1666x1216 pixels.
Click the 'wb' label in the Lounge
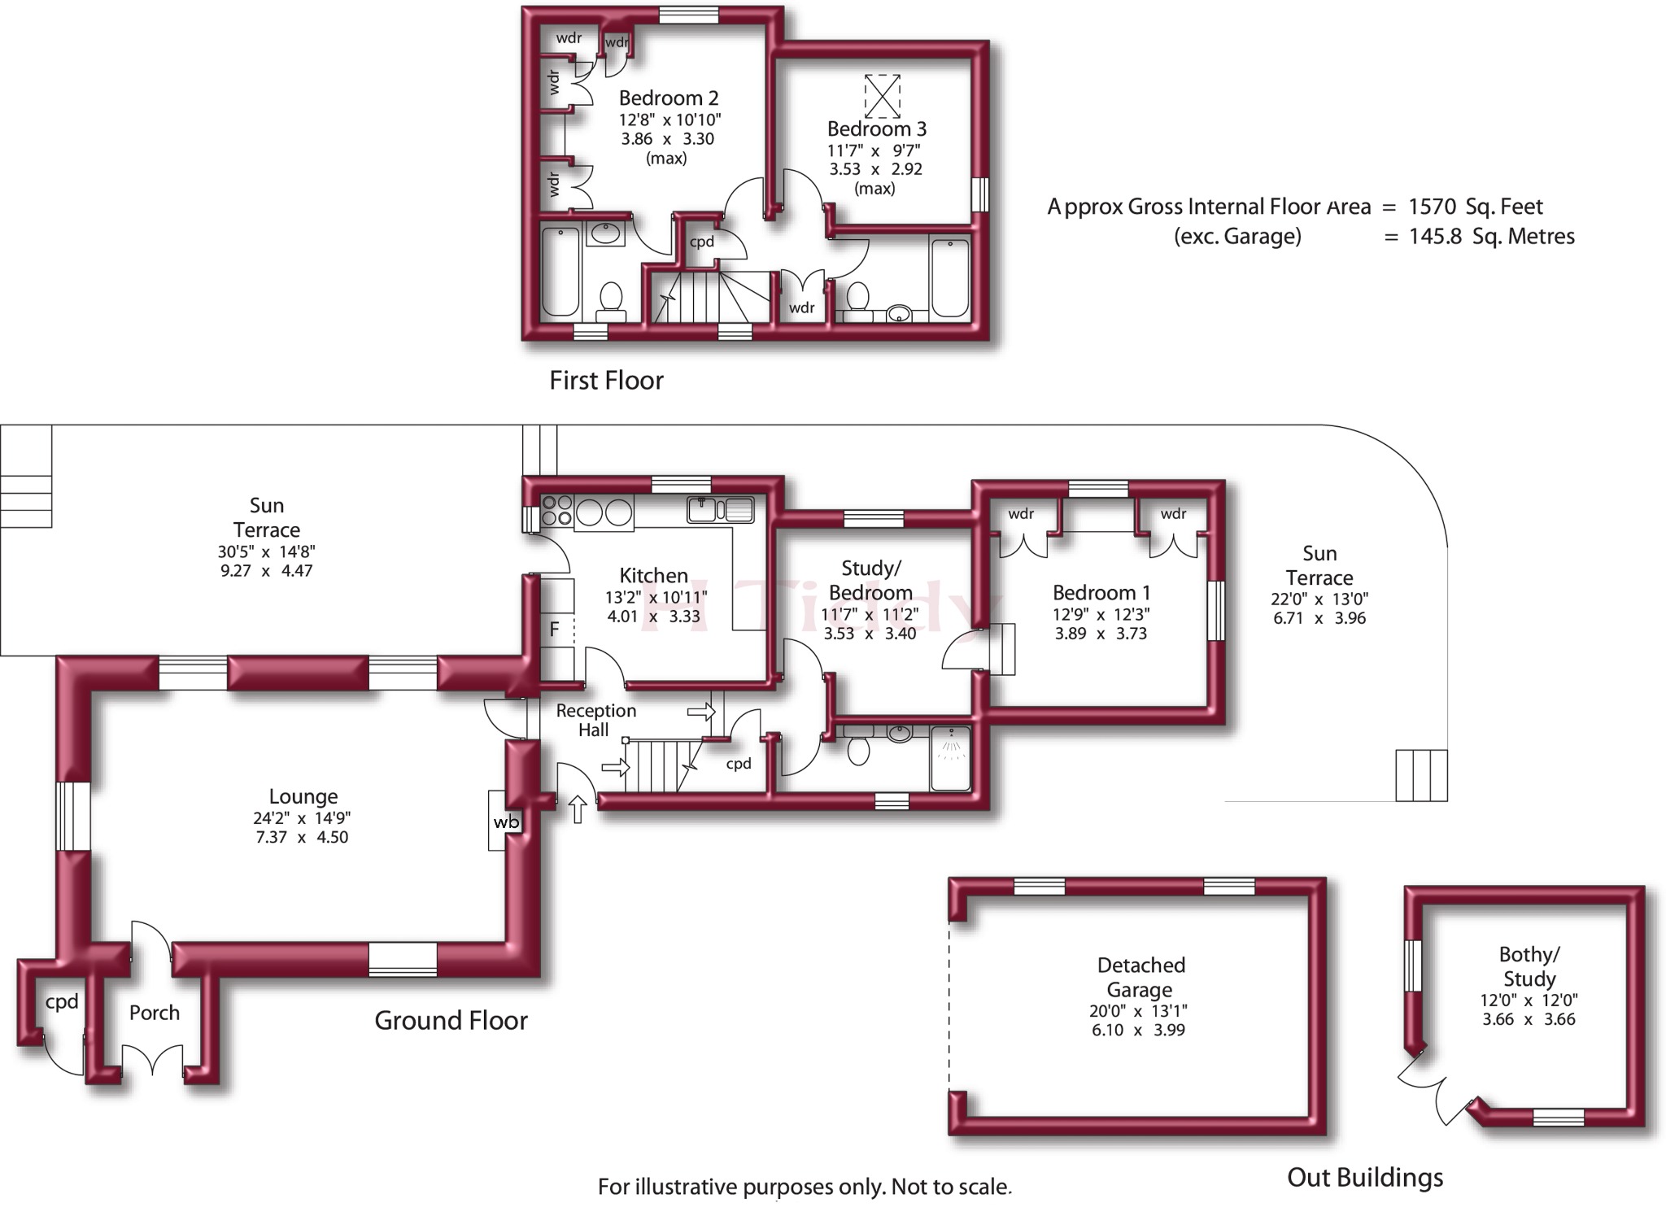pos(506,822)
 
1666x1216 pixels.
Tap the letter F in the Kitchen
pos(555,629)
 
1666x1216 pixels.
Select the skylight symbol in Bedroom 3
pos(883,96)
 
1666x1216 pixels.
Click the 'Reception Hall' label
pos(595,720)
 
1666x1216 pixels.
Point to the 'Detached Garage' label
pos(1140,977)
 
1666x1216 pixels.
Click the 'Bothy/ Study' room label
pos(1529,966)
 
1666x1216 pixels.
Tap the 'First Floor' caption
pos(606,380)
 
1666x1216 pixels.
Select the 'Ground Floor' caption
pos(451,1020)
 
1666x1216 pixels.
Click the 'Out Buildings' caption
pos(1365,1177)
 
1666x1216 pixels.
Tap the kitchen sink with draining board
pos(721,509)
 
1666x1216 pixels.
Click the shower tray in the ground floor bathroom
pos(950,758)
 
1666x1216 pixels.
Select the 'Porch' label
pos(155,1013)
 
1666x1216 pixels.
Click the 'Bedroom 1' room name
pos(1101,592)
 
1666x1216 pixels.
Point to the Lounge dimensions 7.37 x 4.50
pos(302,837)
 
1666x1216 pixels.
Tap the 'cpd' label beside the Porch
pos(62,1002)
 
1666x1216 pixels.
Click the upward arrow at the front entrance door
pos(577,809)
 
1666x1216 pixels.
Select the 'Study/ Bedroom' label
pos(870,580)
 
